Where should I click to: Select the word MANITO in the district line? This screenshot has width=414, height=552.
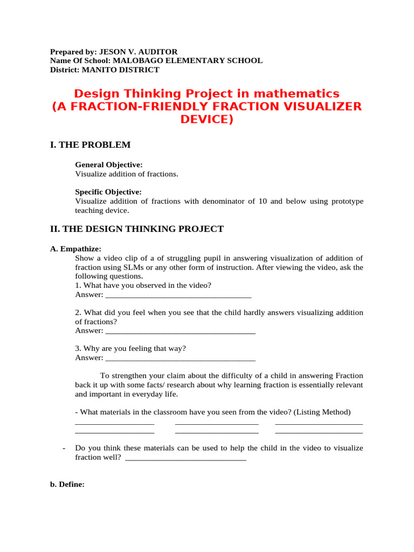[x=99, y=70]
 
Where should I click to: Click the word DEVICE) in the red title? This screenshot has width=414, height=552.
[x=207, y=119]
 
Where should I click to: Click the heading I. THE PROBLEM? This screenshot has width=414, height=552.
[x=90, y=144]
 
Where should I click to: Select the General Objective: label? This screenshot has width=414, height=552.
[x=109, y=164]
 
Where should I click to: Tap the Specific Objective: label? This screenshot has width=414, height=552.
[x=108, y=191]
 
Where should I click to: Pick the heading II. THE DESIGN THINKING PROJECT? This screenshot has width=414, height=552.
[x=136, y=229]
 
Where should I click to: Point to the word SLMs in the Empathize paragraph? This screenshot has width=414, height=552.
[x=171, y=267]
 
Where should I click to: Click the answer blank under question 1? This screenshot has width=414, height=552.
[x=178, y=296]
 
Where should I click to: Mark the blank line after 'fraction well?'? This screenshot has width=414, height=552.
[x=185, y=459]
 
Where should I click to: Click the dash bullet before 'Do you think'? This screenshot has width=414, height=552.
[x=65, y=448]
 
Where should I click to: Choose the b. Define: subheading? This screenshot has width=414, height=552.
[x=67, y=484]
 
